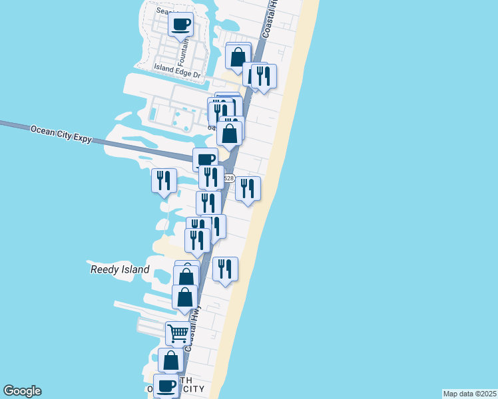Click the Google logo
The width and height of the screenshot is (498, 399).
click(22, 391)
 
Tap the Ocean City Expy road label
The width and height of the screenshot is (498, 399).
click(60, 134)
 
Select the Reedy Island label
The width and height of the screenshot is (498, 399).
click(120, 270)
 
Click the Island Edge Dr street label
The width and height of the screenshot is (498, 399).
click(177, 70)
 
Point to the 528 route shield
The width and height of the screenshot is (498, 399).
click(228, 178)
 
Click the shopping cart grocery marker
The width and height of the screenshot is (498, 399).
click(177, 332)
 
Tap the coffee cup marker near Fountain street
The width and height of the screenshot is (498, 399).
click(181, 25)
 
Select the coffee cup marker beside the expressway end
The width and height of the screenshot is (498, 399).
click(205, 160)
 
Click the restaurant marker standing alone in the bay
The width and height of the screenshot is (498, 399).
click(163, 180)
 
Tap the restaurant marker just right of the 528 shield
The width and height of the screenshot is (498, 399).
click(248, 189)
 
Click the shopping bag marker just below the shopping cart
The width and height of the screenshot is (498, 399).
click(170, 360)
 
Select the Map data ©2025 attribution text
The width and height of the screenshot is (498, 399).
click(469, 394)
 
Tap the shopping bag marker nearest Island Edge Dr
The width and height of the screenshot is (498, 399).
click(238, 57)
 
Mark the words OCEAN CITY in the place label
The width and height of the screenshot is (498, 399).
click(193, 388)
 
